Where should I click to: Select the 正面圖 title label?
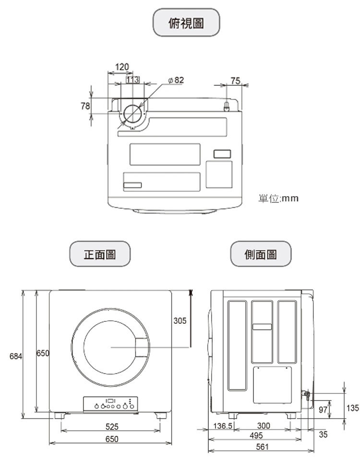(x=100, y=254)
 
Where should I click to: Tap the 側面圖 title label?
(x=260, y=254)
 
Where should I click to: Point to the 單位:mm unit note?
(x=278, y=198)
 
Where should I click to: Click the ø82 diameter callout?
(x=176, y=80)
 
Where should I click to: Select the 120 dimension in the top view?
(x=122, y=67)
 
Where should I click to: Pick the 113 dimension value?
(x=132, y=80)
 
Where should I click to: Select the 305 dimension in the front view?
(x=179, y=320)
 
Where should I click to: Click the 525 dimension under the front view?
(x=112, y=426)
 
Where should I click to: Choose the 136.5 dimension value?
(x=223, y=426)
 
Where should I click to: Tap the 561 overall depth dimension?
(x=262, y=447)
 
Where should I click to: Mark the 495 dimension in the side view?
(x=256, y=436)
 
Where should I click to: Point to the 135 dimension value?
(x=352, y=408)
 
